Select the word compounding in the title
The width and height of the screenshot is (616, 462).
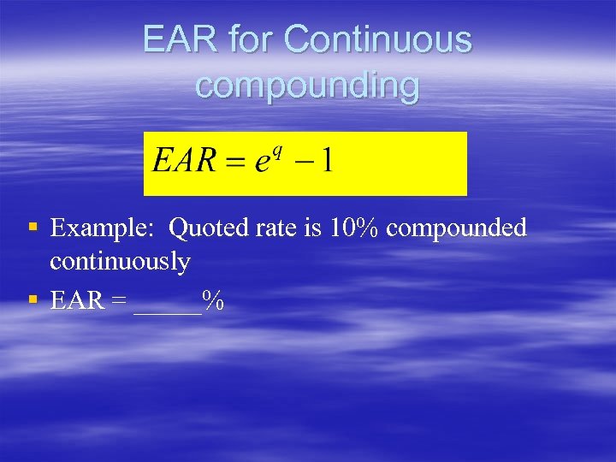[x=307, y=86]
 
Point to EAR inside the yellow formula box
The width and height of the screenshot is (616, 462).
[x=184, y=162]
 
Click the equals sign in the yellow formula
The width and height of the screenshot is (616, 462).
[x=236, y=163]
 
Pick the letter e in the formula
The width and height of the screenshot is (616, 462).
[x=263, y=163]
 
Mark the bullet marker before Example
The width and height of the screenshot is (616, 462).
[x=33, y=228]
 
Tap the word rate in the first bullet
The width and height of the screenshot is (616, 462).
[x=277, y=228]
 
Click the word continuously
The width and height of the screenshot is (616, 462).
[x=120, y=261]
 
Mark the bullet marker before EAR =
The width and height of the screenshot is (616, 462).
[x=33, y=299]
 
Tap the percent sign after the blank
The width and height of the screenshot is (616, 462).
[x=213, y=300]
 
